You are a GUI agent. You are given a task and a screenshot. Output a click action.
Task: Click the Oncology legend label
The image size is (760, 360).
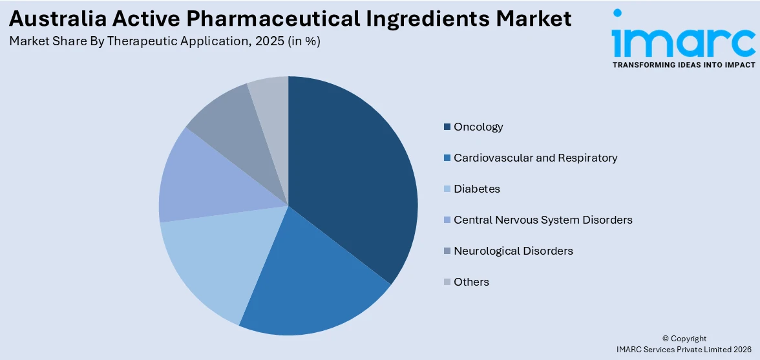pos(478,127)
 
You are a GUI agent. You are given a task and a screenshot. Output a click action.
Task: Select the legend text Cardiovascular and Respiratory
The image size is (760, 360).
pos(535,158)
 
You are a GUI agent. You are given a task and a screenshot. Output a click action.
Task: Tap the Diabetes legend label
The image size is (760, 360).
pos(477,189)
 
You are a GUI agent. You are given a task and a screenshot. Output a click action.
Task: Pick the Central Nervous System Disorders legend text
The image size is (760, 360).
pos(543,220)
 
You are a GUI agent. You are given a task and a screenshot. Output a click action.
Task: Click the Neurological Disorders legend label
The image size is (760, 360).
pos(513,251)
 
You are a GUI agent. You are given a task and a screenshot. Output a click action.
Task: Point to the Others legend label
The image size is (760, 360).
pos(471,282)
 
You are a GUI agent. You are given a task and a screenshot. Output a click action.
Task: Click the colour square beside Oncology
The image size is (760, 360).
pos(447,127)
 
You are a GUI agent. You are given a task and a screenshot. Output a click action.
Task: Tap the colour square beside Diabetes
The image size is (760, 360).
pos(447,189)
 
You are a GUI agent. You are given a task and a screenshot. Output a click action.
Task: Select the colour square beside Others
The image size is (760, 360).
pos(447,282)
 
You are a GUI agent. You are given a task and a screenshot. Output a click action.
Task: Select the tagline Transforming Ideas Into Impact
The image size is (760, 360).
pos(683,65)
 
